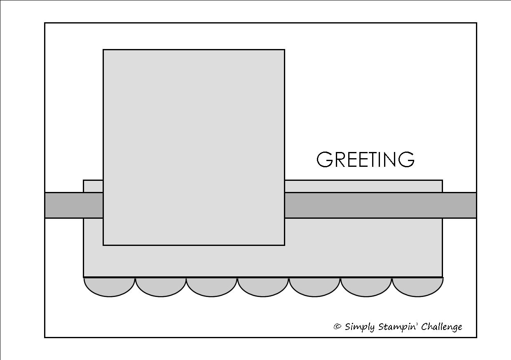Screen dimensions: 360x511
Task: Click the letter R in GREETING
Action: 341,160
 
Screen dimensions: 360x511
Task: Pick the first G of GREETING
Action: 325,160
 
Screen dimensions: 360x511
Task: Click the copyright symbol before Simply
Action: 338,327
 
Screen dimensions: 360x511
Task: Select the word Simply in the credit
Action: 360,327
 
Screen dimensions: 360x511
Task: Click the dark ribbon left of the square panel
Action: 74,205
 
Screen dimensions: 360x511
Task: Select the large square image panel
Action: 194,147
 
